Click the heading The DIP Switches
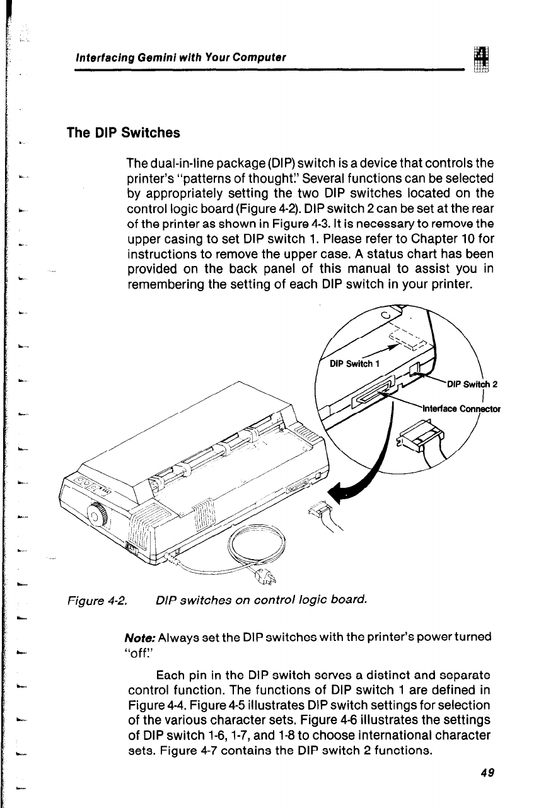pyautogui.click(x=124, y=134)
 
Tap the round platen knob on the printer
pyautogui.click(x=96, y=518)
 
